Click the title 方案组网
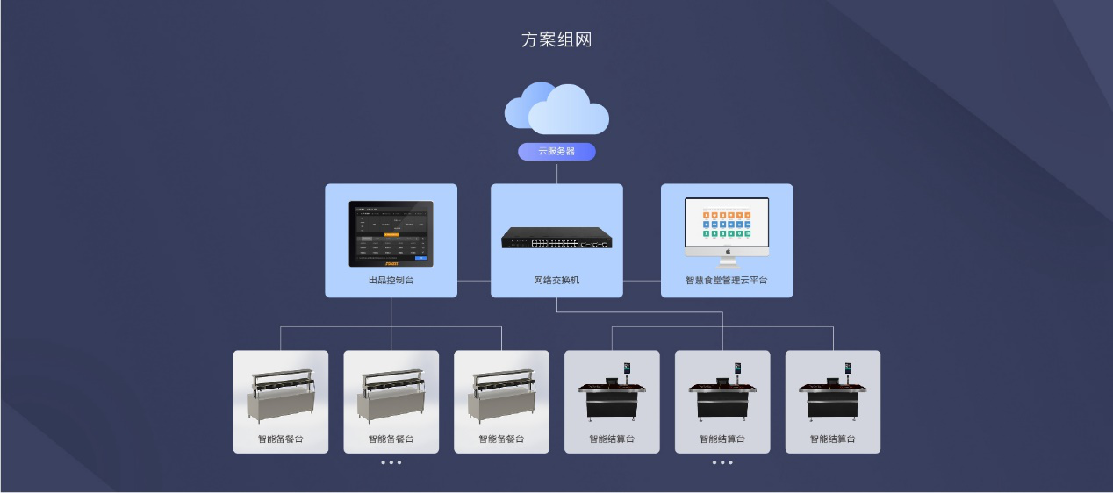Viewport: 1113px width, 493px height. click(556, 40)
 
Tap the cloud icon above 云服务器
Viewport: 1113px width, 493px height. click(556, 108)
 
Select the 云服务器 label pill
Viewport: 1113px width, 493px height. click(556, 152)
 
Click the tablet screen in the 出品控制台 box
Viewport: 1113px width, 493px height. click(391, 232)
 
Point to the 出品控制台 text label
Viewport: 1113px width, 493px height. click(391, 281)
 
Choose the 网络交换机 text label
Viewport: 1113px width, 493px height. click(556, 281)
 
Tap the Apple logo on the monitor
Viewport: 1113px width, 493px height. click(727, 251)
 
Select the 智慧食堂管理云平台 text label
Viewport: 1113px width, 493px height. click(727, 281)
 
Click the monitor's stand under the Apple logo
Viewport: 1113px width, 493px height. click(727, 261)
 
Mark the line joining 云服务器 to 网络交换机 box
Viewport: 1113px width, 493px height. click(556, 173)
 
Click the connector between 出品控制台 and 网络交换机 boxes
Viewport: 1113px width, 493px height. click(474, 281)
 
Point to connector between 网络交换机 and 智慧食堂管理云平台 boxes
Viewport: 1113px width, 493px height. click(642, 281)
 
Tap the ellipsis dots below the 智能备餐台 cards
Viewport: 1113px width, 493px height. click(391, 462)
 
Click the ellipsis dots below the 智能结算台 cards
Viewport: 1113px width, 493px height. click(722, 462)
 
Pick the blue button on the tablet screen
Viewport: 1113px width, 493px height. click(420, 258)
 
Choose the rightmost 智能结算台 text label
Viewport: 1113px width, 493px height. click(832, 439)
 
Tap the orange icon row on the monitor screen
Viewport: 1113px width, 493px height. click(727, 214)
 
